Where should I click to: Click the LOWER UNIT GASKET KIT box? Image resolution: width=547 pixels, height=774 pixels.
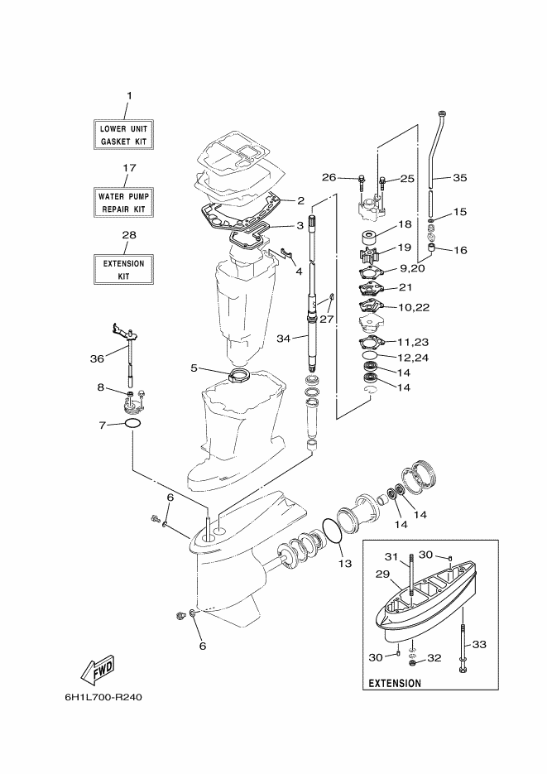click(x=123, y=135)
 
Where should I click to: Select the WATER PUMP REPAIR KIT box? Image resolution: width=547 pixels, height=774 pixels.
click(x=123, y=202)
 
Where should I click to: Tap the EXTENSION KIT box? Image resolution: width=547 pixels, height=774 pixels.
click(x=123, y=270)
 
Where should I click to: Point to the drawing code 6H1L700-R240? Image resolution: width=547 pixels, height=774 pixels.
click(x=103, y=698)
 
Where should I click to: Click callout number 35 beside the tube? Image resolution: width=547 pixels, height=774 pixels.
click(x=459, y=178)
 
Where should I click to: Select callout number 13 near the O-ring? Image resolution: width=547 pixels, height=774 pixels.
click(x=345, y=562)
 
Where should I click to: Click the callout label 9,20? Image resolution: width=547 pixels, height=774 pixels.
click(x=412, y=268)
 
